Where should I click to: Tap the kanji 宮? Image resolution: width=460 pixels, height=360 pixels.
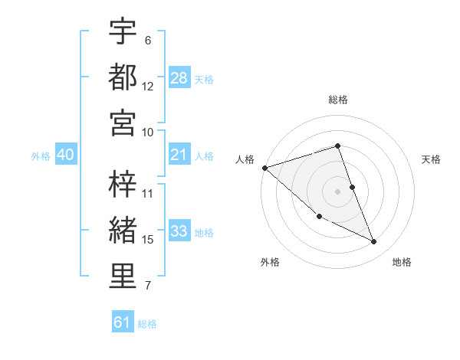[x=123, y=123]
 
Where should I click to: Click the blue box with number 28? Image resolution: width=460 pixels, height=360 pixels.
[x=179, y=77]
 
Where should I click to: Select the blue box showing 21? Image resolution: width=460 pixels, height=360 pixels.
[x=179, y=155]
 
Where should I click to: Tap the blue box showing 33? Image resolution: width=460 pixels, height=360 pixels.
[x=179, y=232]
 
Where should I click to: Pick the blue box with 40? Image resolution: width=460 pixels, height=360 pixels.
[x=65, y=155]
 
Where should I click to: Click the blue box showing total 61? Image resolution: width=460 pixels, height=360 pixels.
[x=122, y=322]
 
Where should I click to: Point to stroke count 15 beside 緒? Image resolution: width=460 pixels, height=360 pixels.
[x=148, y=240]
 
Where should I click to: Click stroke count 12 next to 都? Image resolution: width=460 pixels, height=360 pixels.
[x=148, y=86]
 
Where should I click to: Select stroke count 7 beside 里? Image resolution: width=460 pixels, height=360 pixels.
[x=148, y=286]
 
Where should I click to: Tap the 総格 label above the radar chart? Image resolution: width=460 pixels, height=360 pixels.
[x=338, y=100]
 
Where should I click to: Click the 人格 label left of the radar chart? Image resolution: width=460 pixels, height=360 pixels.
[x=245, y=159]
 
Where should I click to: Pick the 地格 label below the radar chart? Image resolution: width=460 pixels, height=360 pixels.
[x=402, y=262]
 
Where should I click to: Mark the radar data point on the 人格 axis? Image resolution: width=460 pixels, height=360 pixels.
[x=264, y=167]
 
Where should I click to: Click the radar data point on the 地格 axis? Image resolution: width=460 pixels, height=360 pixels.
[x=374, y=242]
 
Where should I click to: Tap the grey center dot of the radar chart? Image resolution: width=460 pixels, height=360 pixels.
[x=338, y=191]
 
